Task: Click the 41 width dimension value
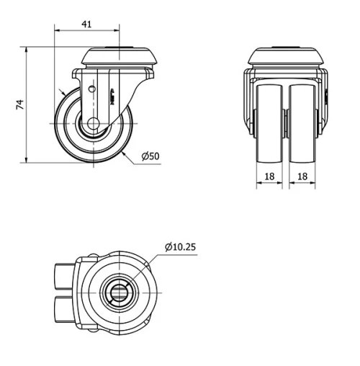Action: coord(86,24)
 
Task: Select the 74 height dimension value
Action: coord(21,104)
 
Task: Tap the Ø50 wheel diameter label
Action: coord(150,156)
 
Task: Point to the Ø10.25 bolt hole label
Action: coord(180,247)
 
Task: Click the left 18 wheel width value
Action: coord(268,175)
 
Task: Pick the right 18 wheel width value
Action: coord(302,175)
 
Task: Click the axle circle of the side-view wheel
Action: coord(93,125)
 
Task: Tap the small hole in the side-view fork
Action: coord(91,88)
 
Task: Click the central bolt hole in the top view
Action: coord(118,292)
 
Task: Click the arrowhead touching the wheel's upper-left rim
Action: coord(64,94)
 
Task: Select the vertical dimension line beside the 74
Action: coord(27,104)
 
